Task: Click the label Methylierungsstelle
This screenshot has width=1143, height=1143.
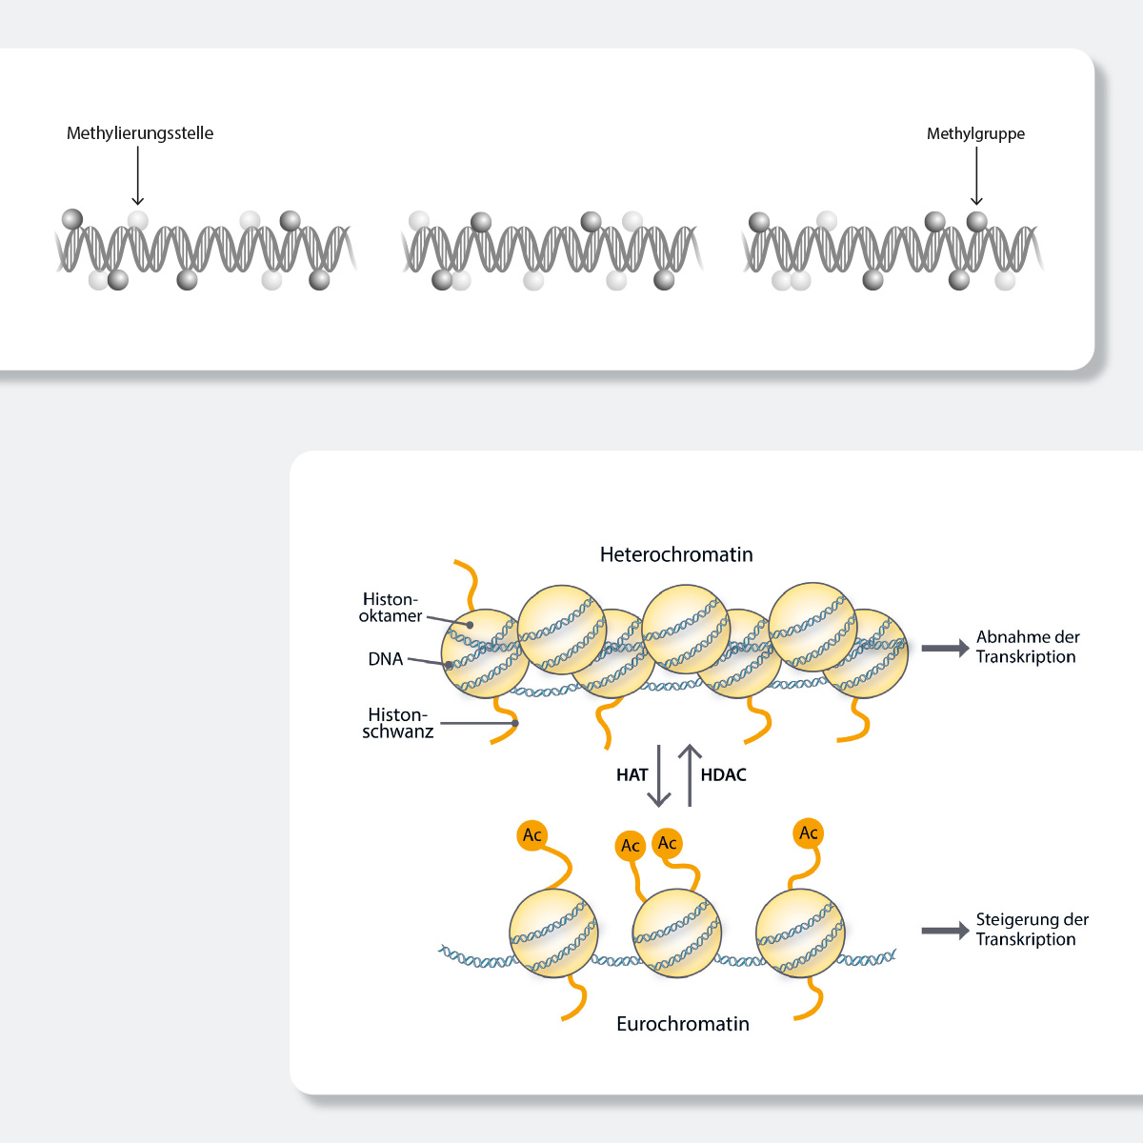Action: pyautogui.click(x=140, y=133)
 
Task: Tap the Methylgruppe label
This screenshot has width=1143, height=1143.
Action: pyautogui.click(x=975, y=134)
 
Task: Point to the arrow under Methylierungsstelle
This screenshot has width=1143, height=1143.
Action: pyautogui.click(x=138, y=175)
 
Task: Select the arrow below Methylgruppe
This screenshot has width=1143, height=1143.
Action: pyautogui.click(x=976, y=175)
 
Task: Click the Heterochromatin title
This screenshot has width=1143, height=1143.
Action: pyautogui.click(x=676, y=554)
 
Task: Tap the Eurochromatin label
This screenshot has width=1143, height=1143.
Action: pyautogui.click(x=683, y=1024)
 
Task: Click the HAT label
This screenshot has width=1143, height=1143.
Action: pyautogui.click(x=632, y=775)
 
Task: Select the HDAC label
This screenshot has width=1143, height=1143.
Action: pyautogui.click(x=723, y=775)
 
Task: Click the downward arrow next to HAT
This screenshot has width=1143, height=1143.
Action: pyautogui.click(x=658, y=775)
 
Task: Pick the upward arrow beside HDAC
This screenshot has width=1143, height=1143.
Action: pyautogui.click(x=690, y=775)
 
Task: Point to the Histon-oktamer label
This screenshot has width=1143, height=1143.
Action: pyautogui.click(x=391, y=608)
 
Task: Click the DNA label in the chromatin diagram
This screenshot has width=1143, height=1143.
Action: pyautogui.click(x=386, y=659)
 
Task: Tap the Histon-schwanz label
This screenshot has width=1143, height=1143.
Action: pyautogui.click(x=398, y=723)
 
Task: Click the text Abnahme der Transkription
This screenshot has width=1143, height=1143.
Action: pyautogui.click(x=1027, y=647)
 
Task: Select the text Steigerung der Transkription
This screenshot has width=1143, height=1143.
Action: pyautogui.click(x=1032, y=930)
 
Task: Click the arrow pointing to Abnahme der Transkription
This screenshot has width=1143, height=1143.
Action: pyautogui.click(x=945, y=649)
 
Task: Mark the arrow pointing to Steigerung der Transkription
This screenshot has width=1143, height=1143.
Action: pyautogui.click(x=945, y=931)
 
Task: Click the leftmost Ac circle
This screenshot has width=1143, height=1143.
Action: pyautogui.click(x=531, y=836)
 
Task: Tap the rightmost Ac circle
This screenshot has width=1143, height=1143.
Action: pyautogui.click(x=808, y=833)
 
